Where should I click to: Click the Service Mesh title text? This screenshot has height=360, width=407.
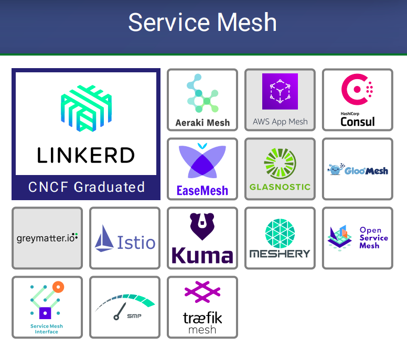click(202, 23)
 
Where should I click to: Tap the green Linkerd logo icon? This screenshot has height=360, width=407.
click(86, 108)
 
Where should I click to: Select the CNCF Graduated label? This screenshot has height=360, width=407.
click(86, 187)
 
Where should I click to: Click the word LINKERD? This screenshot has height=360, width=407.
click(86, 155)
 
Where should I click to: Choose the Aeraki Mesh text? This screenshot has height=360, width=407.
click(202, 123)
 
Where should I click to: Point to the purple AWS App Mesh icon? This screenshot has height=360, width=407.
click(280, 91)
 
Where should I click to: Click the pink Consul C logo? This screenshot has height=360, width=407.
click(357, 89)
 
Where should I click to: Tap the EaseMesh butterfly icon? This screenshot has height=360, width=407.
click(202, 161)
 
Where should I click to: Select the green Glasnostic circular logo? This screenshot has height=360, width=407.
click(280, 163)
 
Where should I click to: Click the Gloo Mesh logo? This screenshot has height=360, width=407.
click(358, 169)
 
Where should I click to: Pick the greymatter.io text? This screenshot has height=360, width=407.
click(47, 238)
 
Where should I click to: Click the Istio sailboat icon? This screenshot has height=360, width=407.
click(104, 238)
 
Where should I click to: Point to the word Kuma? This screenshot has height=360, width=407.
click(202, 256)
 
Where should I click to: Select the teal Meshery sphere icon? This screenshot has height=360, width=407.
click(280, 233)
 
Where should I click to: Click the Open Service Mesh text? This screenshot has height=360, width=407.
click(373, 237)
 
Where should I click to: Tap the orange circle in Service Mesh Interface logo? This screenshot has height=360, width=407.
click(58, 287)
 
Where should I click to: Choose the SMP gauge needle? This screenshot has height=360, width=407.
click(120, 311)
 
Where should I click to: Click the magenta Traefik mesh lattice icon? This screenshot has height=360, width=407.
click(202, 292)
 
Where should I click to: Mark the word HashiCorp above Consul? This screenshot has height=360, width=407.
click(350, 114)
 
